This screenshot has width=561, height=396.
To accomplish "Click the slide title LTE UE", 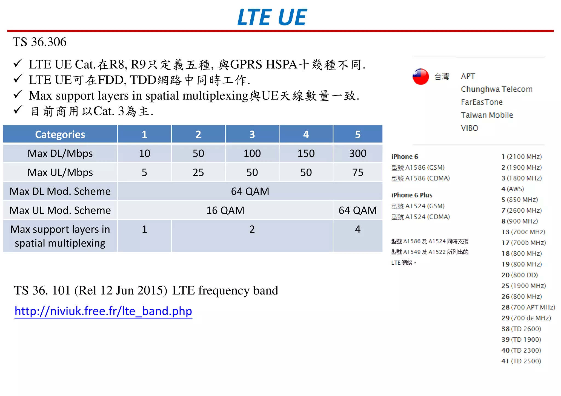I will click(x=272, y=17).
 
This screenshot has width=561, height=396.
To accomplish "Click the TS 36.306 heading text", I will click(x=39, y=42).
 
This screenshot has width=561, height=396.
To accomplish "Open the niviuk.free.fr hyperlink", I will click(x=103, y=311).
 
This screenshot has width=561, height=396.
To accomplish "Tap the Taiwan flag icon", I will click(x=420, y=77).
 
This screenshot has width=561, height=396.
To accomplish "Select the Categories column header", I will click(x=60, y=134).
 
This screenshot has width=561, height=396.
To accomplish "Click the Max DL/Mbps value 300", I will click(x=357, y=153).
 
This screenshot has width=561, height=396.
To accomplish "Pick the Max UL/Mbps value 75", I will click(x=357, y=172).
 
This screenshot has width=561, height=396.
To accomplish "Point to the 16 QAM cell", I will click(x=225, y=210).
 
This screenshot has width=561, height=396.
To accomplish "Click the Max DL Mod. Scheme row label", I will click(x=60, y=191).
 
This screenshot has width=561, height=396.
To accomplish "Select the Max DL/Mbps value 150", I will click(x=306, y=153).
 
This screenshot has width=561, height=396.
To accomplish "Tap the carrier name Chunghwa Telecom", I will click(x=496, y=89).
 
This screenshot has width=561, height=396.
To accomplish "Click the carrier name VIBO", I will click(x=470, y=128).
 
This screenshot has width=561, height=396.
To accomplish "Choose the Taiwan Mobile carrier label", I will click(x=487, y=115).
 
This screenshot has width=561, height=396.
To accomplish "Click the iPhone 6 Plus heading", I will click(x=412, y=195).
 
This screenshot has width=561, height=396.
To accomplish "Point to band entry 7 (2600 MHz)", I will click(x=522, y=210).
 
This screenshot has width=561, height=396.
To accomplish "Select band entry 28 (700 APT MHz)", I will click(x=528, y=307).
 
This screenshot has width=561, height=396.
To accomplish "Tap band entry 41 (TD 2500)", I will click(x=521, y=361).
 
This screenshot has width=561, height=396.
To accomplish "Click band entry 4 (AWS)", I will click(x=512, y=189).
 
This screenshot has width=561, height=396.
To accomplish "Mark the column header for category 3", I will click(x=252, y=134).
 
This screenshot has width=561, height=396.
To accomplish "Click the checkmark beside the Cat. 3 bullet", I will click(x=18, y=110).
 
